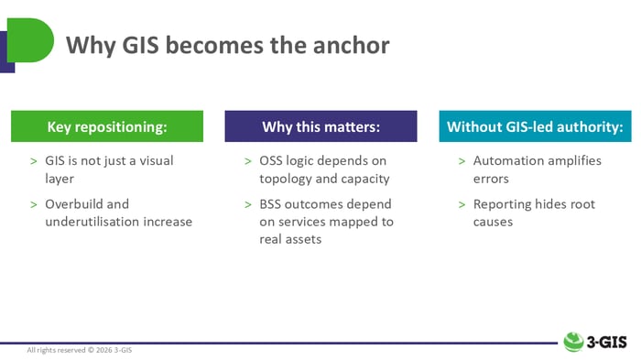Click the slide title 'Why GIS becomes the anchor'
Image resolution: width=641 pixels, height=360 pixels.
[x=228, y=44]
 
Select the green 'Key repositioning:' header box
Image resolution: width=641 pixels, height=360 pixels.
[x=107, y=126]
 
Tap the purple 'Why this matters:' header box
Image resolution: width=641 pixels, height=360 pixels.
[x=320, y=126]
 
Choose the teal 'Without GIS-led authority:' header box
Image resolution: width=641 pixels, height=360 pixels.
[x=535, y=126]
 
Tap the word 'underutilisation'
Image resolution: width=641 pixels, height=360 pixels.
[x=92, y=221]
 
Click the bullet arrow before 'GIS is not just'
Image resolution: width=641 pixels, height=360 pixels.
[x=34, y=161]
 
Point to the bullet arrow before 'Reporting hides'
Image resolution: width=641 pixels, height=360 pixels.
[x=462, y=204]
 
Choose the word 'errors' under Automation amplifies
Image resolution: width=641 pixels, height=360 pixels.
[x=492, y=178]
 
